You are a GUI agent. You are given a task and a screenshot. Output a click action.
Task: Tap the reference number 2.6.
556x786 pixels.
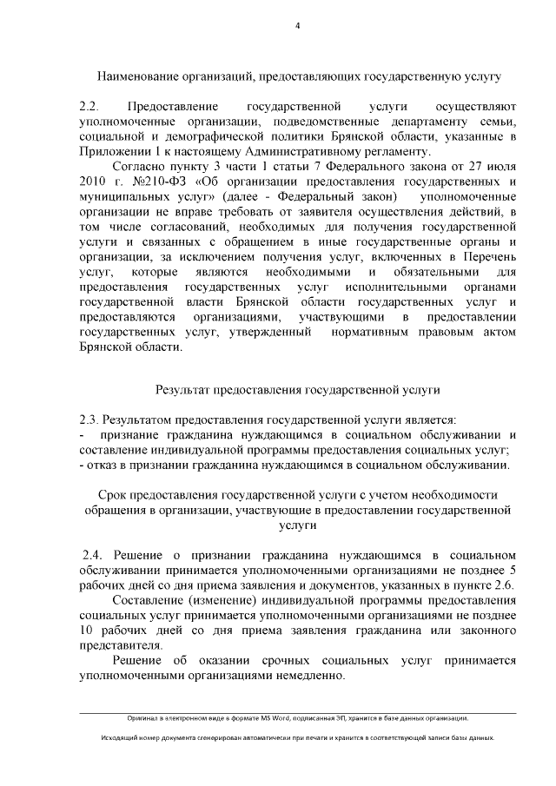click(504, 585)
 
